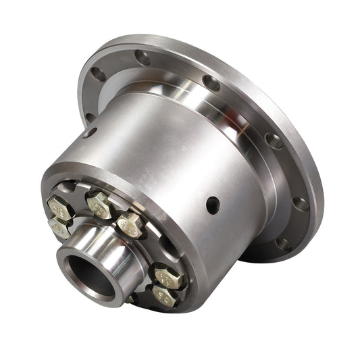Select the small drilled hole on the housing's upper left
coord(90,132)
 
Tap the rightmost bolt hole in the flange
coord(301,203)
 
